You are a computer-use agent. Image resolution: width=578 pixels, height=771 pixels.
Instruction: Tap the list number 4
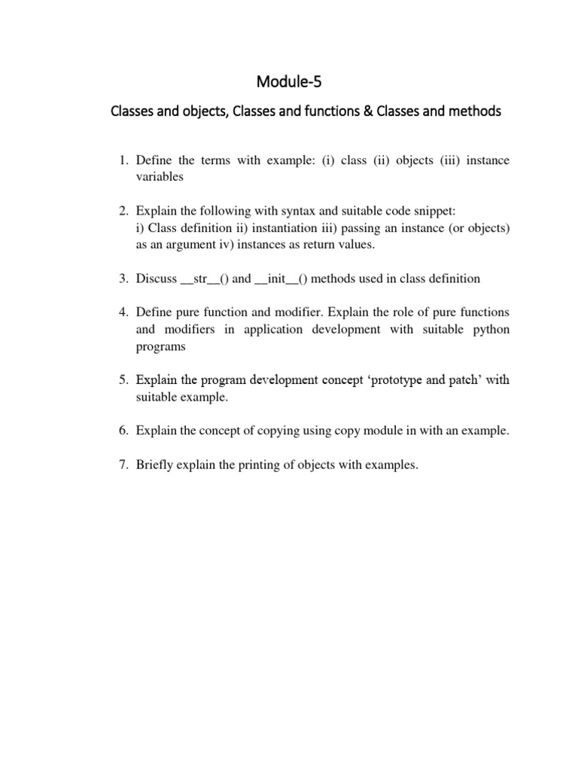pyautogui.click(x=125, y=312)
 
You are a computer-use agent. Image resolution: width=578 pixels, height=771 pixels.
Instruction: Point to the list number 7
pyautogui.click(x=125, y=465)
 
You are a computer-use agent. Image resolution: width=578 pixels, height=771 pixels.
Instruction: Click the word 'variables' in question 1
pyautogui.click(x=160, y=177)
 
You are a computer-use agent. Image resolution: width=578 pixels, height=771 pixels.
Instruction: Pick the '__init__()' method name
pyautogui.click(x=281, y=279)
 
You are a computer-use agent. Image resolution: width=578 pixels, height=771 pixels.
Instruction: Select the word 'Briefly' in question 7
pyautogui.click(x=155, y=465)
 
